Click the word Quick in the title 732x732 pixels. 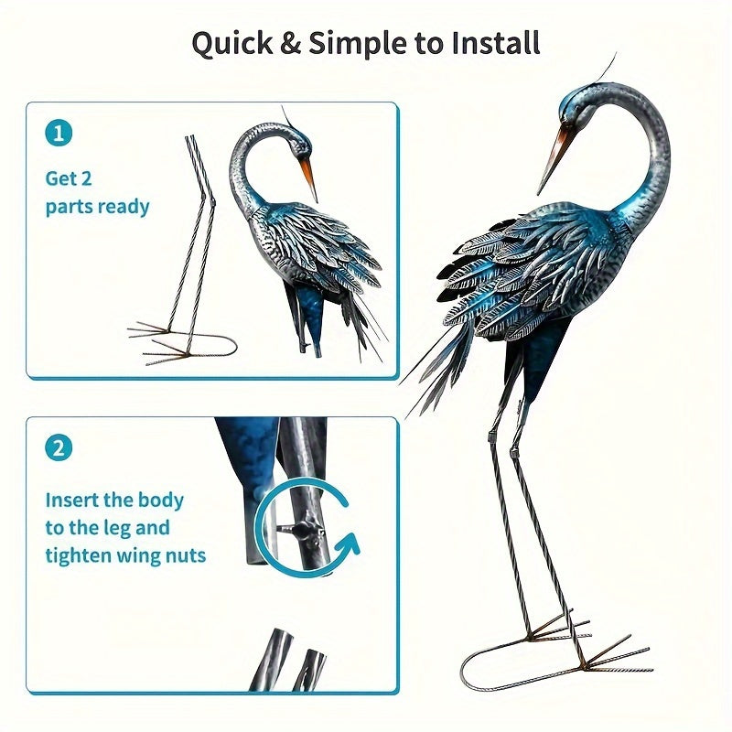click(230, 43)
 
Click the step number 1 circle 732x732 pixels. click(58, 134)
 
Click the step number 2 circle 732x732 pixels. click(58, 448)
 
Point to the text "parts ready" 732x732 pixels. click(97, 207)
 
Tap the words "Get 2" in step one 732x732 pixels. click(70, 179)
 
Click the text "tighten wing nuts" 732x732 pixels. click(125, 554)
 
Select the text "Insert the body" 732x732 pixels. click(114, 501)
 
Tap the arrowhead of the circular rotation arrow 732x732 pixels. click(348, 546)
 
